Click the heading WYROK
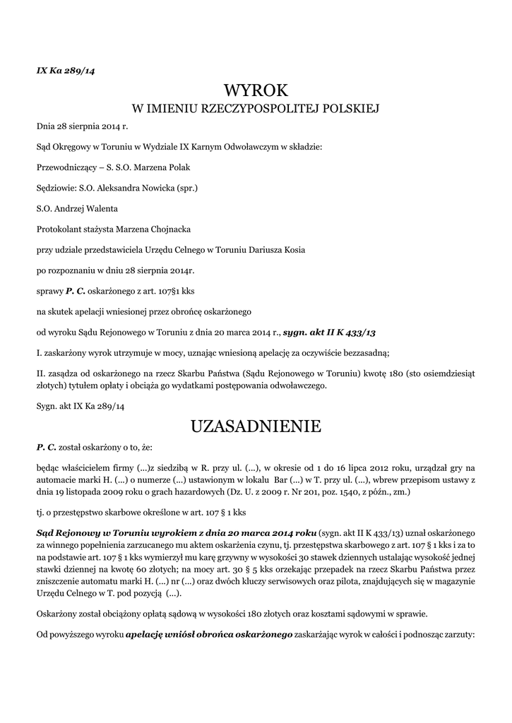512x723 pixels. click(256, 90)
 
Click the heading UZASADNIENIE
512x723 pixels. click(256, 426)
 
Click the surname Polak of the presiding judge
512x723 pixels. click(177, 168)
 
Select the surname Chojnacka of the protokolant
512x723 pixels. click(164, 229)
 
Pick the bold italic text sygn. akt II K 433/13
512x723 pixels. click(334, 331)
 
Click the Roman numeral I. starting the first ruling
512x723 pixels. click(39, 352)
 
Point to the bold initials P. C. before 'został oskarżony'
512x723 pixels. click(46, 448)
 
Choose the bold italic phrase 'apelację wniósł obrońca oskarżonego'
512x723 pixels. click(210, 635)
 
